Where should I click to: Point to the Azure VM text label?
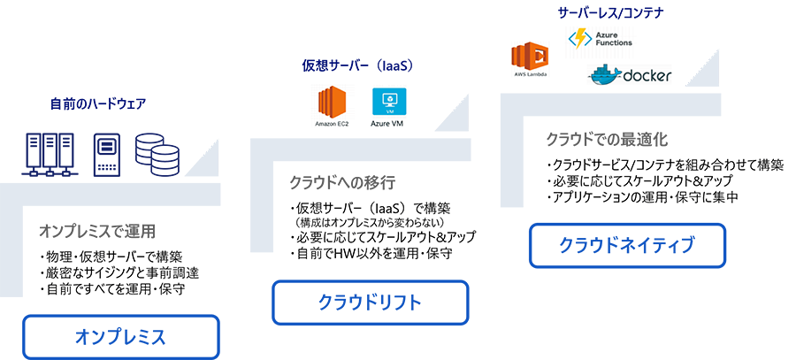(385, 124)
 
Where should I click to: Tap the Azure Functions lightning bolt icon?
(580, 38)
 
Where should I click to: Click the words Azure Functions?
(612, 38)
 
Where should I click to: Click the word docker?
(647, 76)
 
